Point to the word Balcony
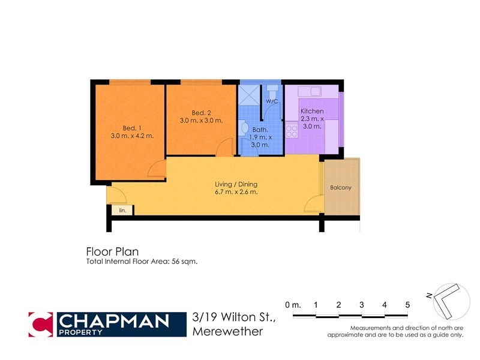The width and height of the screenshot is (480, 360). tap(341, 188)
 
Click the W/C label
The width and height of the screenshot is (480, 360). tap(272, 101)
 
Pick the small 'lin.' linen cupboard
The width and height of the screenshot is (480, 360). tap(122, 210)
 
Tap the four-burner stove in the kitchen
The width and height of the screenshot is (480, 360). tap(292, 130)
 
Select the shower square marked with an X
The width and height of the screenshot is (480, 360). tap(248, 95)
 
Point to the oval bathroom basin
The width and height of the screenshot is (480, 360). tap(244, 127)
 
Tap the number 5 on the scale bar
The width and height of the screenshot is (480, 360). tap(407, 305)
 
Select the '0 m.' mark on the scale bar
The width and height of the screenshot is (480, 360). tap(293, 305)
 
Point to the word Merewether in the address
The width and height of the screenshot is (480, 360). tap(228, 331)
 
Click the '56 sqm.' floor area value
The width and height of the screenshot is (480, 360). tap(184, 262)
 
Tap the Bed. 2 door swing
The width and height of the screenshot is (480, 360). tap(226, 147)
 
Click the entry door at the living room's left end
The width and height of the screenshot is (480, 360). tap(115, 195)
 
